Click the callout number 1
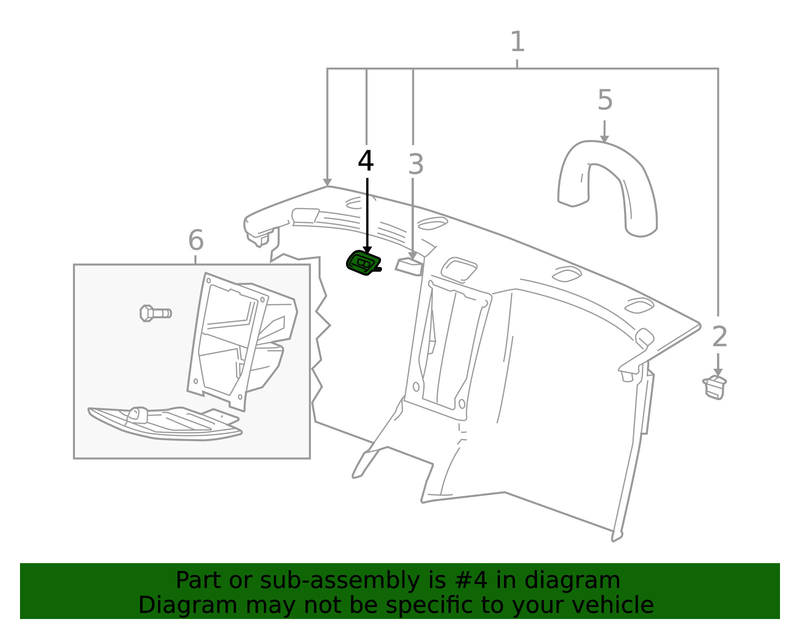(517, 41)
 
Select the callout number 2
(719, 336)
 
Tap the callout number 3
(416, 164)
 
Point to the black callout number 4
(365, 161)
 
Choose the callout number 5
(605, 99)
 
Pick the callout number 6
(196, 240)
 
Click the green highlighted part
(363, 263)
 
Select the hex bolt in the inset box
(155, 313)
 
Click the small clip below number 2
(714, 388)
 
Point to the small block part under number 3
(408, 267)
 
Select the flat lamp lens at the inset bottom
(164, 423)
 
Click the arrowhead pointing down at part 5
(604, 138)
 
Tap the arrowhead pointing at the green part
(367, 250)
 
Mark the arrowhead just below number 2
(718, 372)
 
